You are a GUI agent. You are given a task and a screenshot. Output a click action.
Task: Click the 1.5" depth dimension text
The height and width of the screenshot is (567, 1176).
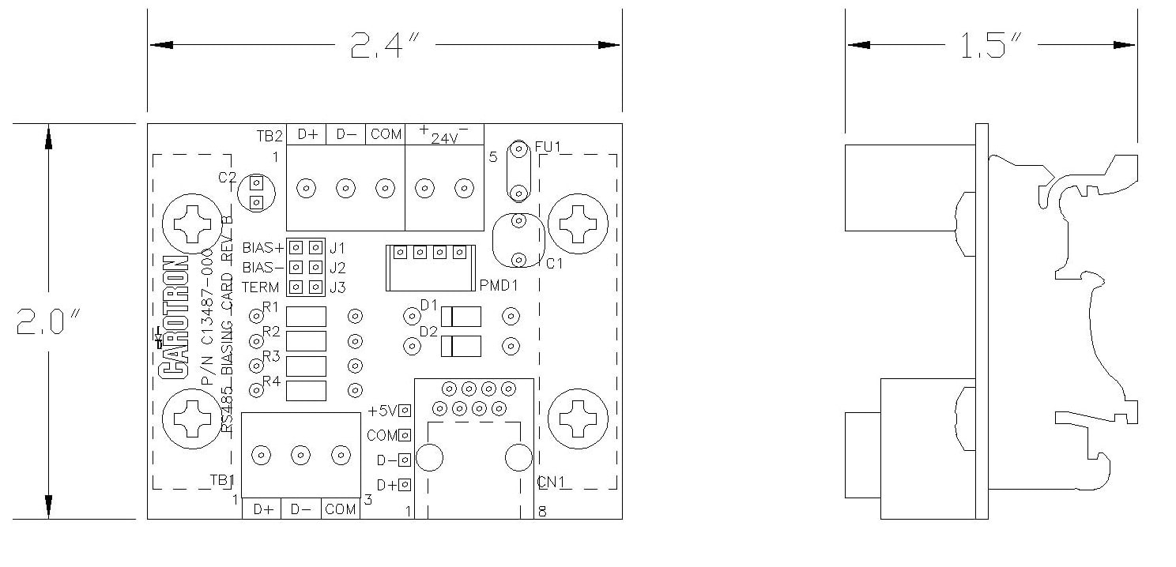(x=992, y=46)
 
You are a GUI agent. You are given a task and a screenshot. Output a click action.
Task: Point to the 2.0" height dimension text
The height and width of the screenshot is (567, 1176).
(x=48, y=323)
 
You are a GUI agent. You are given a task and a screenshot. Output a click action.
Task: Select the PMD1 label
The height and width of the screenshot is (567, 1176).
(x=498, y=285)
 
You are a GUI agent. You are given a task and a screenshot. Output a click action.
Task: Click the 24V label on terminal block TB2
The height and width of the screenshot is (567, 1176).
(x=444, y=137)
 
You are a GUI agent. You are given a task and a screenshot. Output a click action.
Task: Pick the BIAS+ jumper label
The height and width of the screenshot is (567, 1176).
(x=262, y=247)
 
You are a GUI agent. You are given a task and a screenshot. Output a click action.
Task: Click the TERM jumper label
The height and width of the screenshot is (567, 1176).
(x=261, y=287)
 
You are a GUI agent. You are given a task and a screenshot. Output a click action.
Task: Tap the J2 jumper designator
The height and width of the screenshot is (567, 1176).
(x=337, y=267)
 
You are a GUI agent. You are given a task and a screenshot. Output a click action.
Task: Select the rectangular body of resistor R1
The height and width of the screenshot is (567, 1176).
(x=306, y=317)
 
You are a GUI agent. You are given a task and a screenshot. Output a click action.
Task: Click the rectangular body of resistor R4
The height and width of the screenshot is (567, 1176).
(x=306, y=390)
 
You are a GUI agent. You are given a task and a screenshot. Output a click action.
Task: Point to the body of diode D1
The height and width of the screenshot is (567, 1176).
(x=460, y=317)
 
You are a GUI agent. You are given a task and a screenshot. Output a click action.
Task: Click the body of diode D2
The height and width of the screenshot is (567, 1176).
(x=460, y=346)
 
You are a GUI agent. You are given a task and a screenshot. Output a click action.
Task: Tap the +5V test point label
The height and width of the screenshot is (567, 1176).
(x=383, y=411)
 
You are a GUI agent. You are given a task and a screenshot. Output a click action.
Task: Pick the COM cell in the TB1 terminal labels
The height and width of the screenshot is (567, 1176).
(x=341, y=510)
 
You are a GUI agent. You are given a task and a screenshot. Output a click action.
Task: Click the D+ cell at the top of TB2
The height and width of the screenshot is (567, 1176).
(x=307, y=135)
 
